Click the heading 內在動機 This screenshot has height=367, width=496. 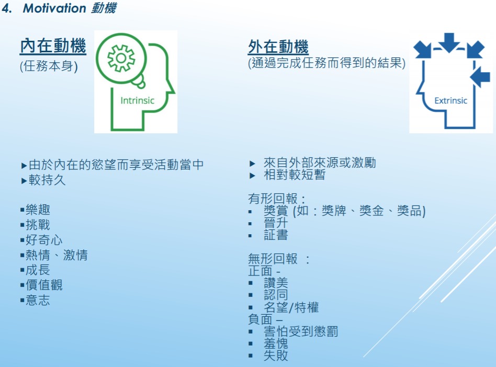53,45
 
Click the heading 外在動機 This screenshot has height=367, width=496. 278,47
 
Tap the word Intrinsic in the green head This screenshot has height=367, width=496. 137,100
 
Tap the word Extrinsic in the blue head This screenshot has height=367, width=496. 451,100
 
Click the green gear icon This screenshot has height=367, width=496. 121,58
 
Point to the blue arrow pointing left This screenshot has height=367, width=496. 480,77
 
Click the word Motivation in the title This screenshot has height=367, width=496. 54,8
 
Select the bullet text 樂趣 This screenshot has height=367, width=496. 38,210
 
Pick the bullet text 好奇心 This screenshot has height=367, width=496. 44,240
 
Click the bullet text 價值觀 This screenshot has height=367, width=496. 44,285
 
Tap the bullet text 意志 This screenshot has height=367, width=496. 38,300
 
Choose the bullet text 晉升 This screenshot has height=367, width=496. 276,223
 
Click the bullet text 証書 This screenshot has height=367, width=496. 276,235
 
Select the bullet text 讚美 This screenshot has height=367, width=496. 276,283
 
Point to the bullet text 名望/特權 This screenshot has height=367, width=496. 291,307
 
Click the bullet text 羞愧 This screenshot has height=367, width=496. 276,343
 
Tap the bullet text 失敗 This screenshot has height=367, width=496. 276,355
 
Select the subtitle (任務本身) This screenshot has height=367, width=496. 49,66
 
